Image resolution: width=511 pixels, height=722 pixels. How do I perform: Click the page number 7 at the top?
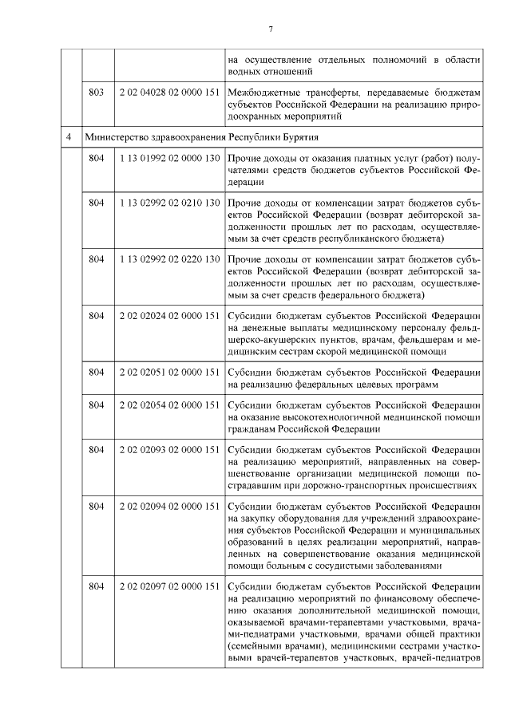pos(271,30)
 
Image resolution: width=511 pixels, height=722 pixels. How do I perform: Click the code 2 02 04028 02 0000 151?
pos(168,93)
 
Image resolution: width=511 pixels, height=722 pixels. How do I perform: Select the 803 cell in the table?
pos(97,93)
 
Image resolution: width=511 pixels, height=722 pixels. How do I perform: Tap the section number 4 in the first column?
pos(70,136)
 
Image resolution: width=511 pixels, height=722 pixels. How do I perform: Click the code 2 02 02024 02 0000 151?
pos(168,316)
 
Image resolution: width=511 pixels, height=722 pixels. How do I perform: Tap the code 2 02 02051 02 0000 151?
pos(168,372)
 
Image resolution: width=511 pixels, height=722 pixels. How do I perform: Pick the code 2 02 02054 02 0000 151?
pos(168,405)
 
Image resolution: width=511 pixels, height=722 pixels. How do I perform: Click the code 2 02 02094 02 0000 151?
pos(168,507)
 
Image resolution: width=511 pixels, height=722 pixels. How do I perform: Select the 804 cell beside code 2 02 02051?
pos(97,372)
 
